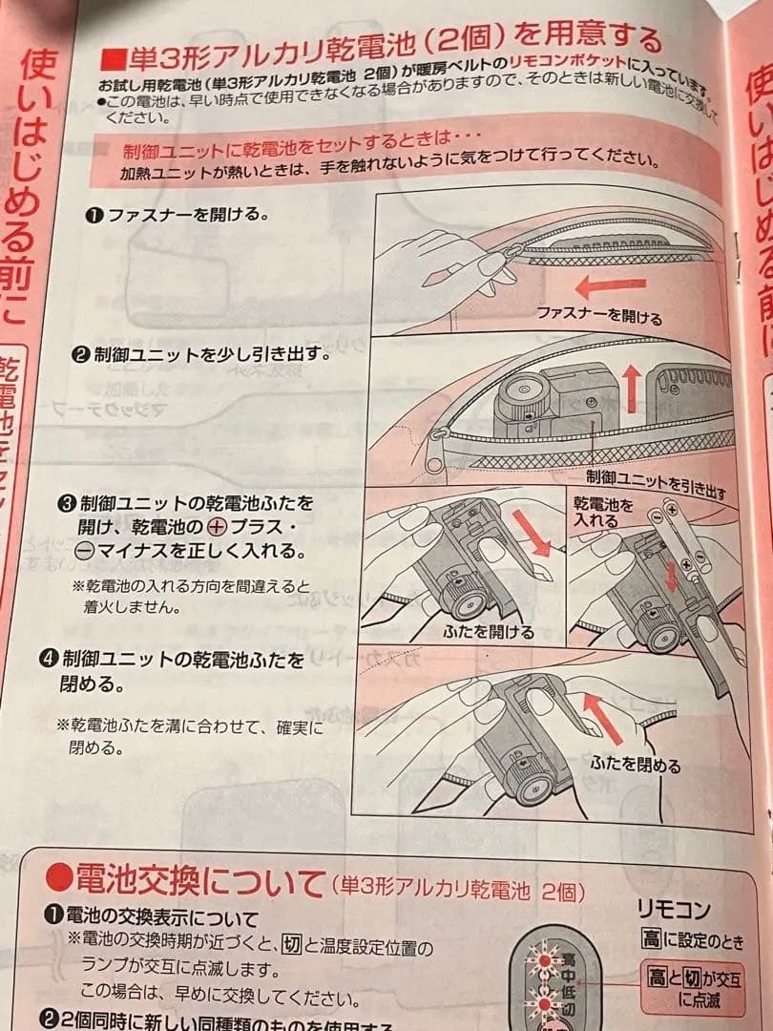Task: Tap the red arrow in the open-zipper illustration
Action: pos(616,284)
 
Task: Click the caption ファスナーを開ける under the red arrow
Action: pos(598,314)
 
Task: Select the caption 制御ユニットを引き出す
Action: pos(657,483)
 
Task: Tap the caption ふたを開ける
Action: pos(489,632)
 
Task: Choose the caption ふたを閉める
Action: pos(635,765)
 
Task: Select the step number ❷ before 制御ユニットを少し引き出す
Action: pos(82,355)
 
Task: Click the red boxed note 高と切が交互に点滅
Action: pos(693,986)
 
